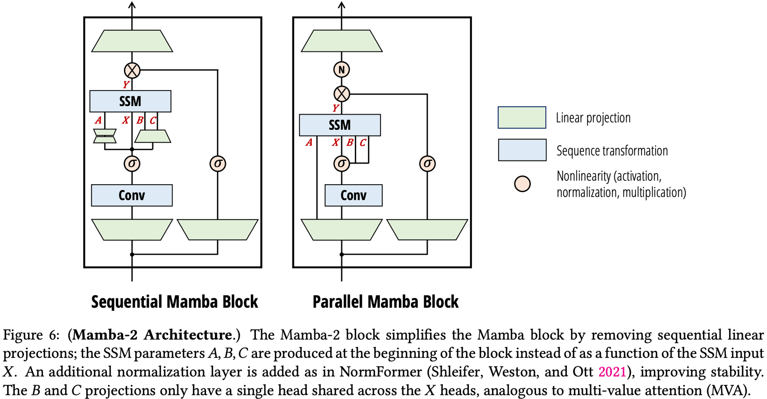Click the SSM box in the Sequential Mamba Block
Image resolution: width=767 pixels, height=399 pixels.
click(130, 101)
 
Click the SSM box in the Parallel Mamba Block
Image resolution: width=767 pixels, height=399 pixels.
click(340, 125)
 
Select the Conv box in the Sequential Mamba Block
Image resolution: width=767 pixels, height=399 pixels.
click(132, 195)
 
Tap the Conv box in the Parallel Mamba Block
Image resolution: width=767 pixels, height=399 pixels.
click(353, 195)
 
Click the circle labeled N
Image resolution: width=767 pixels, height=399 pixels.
click(341, 70)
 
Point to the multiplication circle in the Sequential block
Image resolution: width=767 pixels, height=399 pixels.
click(132, 71)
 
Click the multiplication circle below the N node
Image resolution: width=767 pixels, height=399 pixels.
click(341, 94)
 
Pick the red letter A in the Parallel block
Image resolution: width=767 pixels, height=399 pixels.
click(309, 143)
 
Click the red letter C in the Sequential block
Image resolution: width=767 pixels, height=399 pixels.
click(153, 121)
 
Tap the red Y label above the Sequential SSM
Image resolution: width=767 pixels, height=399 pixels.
click(126, 85)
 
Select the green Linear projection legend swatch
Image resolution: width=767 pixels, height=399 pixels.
click(522, 117)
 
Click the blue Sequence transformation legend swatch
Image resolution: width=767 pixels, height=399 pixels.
click(522, 150)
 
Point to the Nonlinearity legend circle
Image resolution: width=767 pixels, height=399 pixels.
click(522, 184)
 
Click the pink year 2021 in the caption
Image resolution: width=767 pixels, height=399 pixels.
click(612, 372)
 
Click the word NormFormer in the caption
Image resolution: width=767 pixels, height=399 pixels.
click(380, 372)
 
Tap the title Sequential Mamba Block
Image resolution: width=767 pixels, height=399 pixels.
click(175, 302)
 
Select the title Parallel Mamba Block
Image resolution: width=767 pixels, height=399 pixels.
click(385, 302)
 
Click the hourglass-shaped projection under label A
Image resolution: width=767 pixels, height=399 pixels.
click(104, 136)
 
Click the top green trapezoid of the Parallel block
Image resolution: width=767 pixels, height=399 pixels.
click(341, 41)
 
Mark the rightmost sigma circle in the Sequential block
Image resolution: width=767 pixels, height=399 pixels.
click(218, 163)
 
